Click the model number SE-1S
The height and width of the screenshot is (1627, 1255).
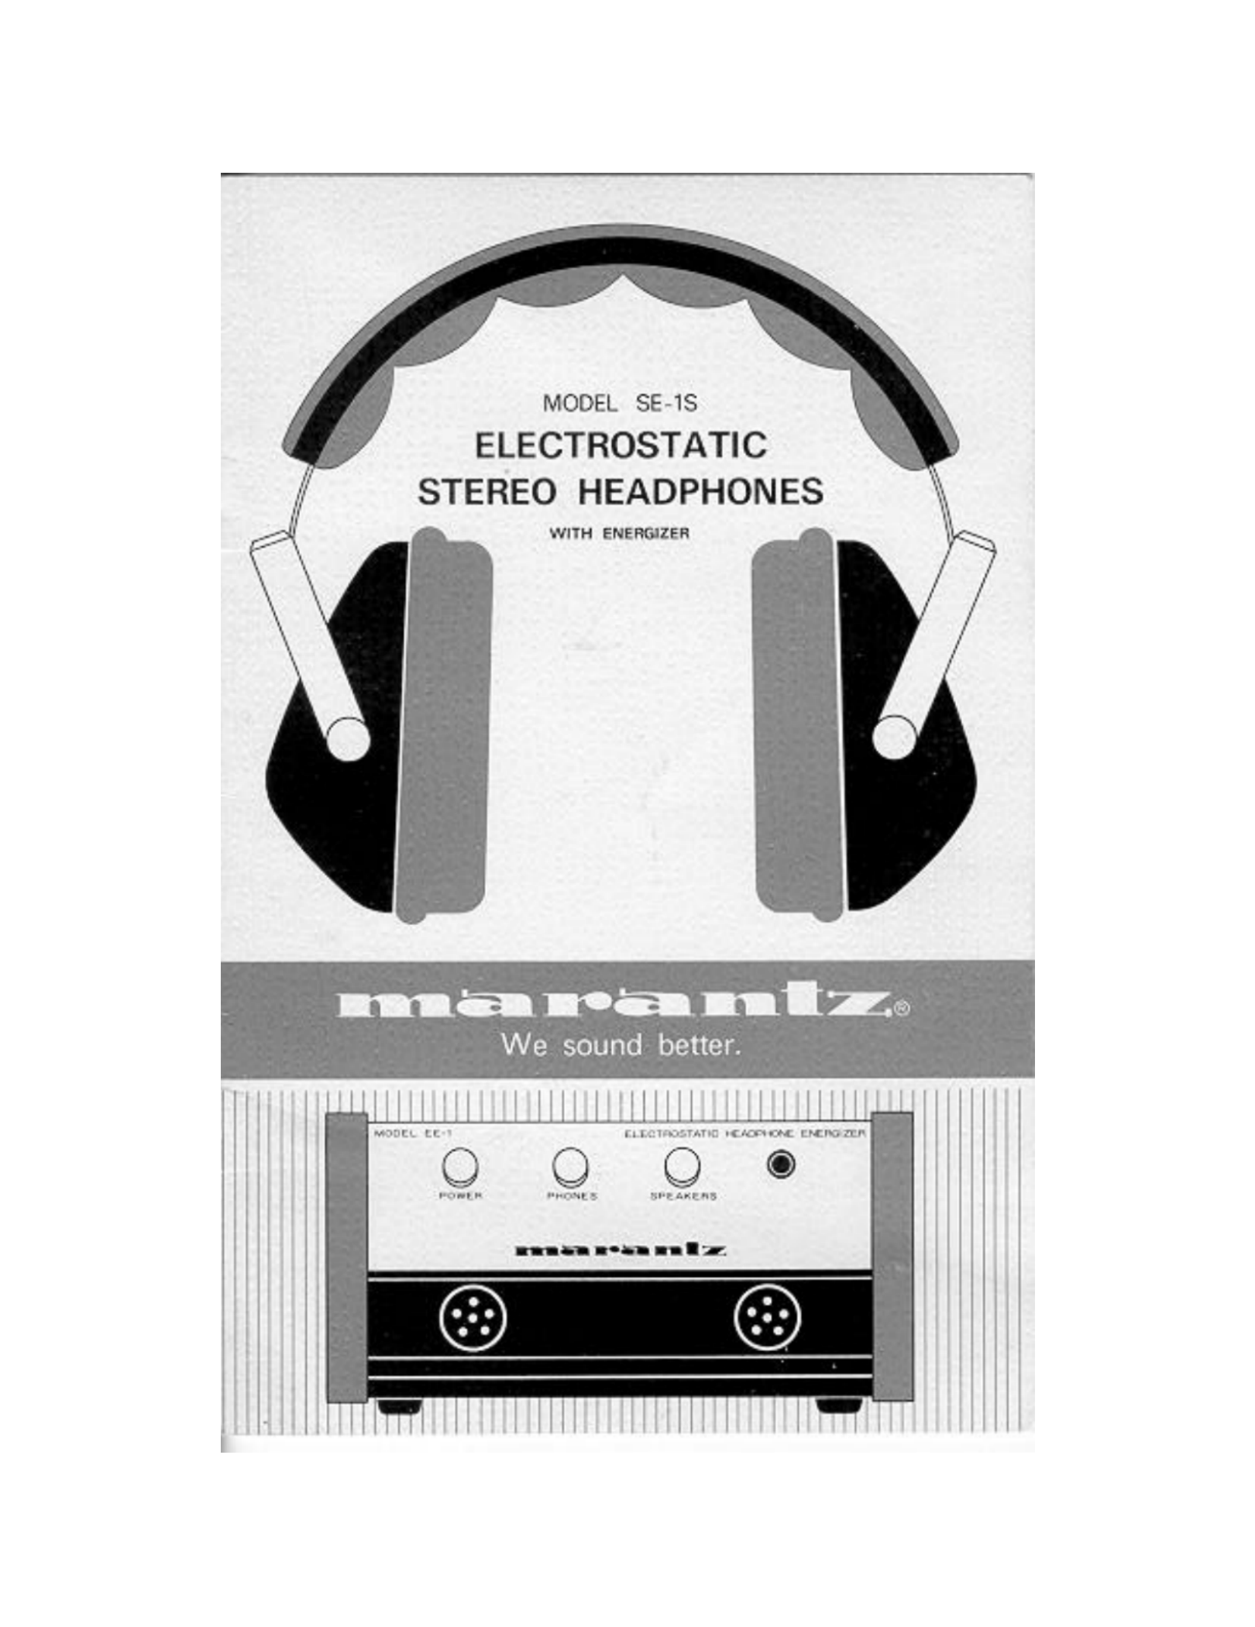pyautogui.click(x=665, y=403)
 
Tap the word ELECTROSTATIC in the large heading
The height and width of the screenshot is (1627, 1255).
pyautogui.click(x=620, y=445)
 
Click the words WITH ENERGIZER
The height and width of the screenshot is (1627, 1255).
pyautogui.click(x=618, y=533)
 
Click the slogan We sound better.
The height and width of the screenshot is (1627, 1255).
pyautogui.click(x=621, y=1046)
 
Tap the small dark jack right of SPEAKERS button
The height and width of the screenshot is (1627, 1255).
pyautogui.click(x=782, y=1164)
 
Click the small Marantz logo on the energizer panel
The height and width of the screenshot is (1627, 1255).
pyautogui.click(x=620, y=1250)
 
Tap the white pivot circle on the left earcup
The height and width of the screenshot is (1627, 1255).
pyautogui.click(x=346, y=737)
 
